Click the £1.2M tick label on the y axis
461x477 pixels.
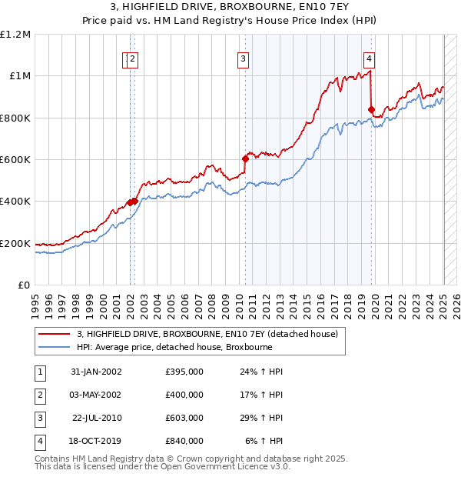pos(15,35)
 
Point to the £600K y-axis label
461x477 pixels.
pos(15,160)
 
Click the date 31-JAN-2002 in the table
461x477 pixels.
pos(96,372)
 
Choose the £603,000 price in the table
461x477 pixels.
pos(184,418)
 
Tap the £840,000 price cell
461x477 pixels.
pos(184,441)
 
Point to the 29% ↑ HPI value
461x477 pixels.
pos(261,418)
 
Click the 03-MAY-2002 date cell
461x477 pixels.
pos(96,395)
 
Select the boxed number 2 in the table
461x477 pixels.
pos(39,395)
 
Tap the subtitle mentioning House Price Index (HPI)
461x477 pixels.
pos(230,22)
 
